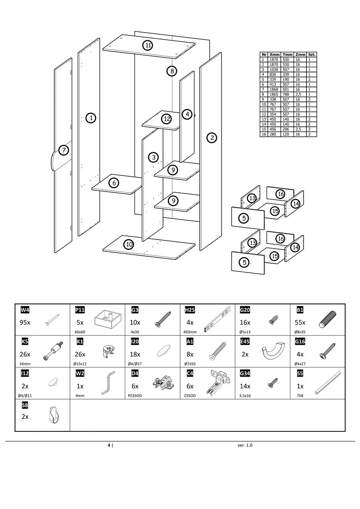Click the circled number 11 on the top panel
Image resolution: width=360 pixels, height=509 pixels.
(148, 45)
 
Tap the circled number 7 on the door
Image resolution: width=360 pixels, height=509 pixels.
(64, 150)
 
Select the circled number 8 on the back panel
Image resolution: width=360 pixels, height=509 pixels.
(172, 71)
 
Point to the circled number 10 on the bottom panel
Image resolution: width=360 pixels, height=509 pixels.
(129, 244)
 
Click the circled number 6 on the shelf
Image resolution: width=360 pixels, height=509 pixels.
(114, 183)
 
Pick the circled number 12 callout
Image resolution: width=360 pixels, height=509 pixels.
(167, 119)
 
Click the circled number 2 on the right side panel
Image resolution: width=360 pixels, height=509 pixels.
(211, 138)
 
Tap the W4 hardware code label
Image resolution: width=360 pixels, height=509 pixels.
(25, 310)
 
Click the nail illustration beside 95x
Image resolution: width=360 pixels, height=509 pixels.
(53, 320)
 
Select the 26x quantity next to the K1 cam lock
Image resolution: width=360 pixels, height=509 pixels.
(80, 354)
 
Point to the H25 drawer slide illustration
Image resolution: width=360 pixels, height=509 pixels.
(217, 320)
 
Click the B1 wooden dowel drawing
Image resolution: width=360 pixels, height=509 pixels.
(327, 320)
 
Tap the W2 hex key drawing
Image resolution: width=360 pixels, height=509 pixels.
(108, 383)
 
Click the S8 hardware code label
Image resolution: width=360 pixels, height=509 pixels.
(25, 405)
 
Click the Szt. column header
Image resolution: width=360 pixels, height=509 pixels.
(312, 54)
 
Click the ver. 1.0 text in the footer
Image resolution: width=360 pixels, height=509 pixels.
(245, 445)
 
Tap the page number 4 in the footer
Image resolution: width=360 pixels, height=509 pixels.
(109, 445)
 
